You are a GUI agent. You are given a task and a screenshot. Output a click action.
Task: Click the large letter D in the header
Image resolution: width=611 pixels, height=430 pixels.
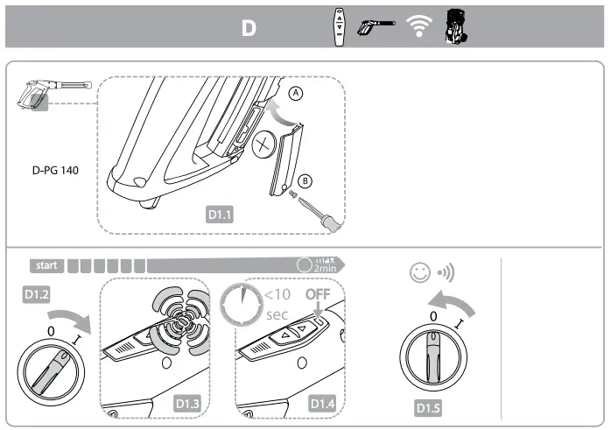(249, 28)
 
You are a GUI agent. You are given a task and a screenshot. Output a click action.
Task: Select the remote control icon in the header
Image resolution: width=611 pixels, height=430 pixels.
(340, 26)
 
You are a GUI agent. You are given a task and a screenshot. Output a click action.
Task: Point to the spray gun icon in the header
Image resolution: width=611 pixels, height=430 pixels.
(377, 27)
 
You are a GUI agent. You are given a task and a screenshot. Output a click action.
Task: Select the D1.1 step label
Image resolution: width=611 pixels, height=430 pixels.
(220, 212)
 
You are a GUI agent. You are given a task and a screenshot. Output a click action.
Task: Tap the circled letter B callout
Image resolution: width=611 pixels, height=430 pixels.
(305, 181)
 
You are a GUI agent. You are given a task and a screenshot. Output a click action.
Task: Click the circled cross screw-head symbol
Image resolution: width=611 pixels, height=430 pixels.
(263, 146)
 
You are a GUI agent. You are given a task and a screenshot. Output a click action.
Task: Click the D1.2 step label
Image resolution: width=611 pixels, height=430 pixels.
(33, 295)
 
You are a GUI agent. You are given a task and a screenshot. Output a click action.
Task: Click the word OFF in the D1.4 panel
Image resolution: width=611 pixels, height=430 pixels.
(317, 295)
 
